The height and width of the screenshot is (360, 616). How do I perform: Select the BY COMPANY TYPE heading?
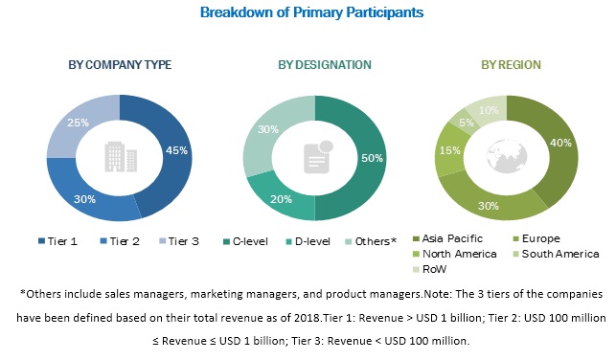[120, 65]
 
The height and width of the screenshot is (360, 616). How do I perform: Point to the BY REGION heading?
[508, 65]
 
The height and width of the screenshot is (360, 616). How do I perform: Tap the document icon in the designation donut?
[314, 155]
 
